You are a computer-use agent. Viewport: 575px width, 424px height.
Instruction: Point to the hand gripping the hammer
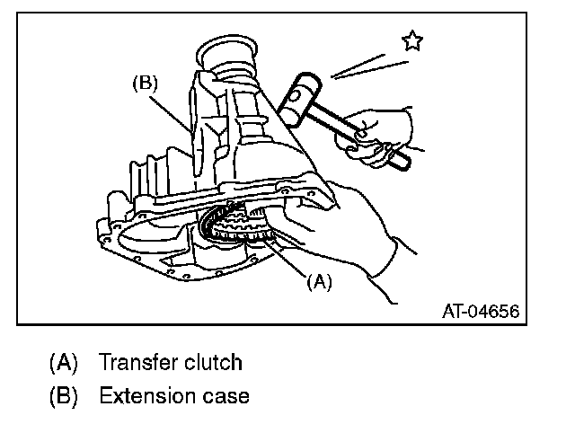tap(382, 131)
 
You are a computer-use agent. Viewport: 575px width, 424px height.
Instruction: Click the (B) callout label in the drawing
tap(145, 83)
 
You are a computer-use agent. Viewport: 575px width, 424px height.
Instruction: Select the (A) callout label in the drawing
tap(320, 280)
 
